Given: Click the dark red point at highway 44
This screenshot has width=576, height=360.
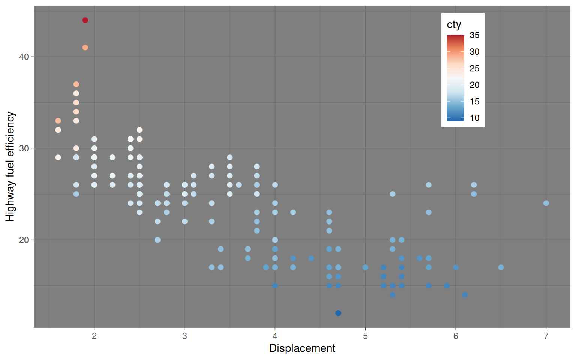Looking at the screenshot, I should pos(85,20).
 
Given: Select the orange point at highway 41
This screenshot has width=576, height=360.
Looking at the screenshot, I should pos(85,48).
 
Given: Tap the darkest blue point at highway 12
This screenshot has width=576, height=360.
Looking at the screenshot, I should pos(338,313).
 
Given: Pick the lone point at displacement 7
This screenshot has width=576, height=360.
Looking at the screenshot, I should pos(546,203).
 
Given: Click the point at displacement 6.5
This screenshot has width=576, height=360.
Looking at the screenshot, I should pos(501,267).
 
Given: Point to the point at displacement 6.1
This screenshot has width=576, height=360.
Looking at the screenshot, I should pos(465,295).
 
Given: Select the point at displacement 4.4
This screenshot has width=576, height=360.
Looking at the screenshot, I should pos(311,258).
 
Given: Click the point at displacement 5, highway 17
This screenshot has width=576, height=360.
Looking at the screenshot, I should pos(365,267).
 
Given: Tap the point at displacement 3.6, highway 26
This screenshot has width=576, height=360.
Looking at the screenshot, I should pos(239,185).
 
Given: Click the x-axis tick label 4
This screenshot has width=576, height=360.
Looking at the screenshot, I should pos(275,336).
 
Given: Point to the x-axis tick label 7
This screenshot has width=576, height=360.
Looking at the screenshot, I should pos(546,336).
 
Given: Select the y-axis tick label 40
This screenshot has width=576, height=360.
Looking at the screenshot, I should pos(24,57).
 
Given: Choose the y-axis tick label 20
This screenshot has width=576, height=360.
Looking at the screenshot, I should pos(24,240).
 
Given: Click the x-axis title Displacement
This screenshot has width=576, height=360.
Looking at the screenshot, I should pos(302,348).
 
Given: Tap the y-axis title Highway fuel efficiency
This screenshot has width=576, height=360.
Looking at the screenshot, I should pos(10,166).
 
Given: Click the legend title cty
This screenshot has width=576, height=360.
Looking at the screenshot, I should pos(454,25).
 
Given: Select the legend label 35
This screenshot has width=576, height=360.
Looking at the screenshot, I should pos(474,35).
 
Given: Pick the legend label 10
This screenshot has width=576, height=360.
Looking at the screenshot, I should pos(474,118).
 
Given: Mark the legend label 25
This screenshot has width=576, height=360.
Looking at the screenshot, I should pos(474,68).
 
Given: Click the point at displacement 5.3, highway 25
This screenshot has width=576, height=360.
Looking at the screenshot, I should pos(392,194).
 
